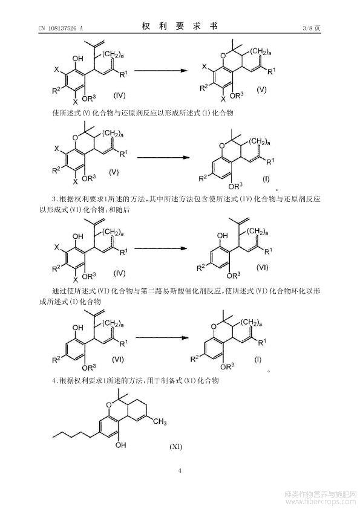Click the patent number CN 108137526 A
(61, 28)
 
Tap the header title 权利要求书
(180, 26)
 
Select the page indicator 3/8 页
(311, 28)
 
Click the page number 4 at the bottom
(180, 470)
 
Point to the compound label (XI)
(176, 447)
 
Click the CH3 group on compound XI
(160, 422)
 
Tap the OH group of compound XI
(120, 445)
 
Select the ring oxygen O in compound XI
(108, 405)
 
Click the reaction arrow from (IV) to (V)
(161, 71)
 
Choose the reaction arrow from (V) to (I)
(163, 157)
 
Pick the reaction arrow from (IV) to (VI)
(161, 248)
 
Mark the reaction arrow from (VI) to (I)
(162, 337)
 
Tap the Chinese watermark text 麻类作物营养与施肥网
(320, 494)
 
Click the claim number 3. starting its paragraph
(55, 199)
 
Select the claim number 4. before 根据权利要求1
(55, 380)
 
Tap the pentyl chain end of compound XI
(53, 437)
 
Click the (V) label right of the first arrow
(261, 89)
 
